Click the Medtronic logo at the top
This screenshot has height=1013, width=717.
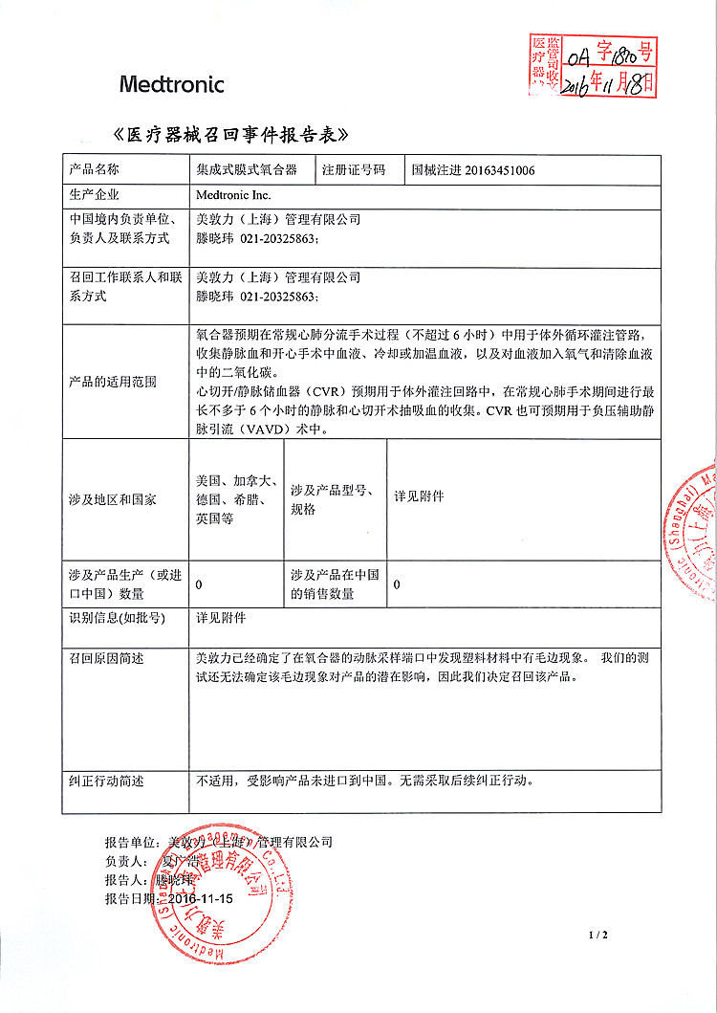click(172, 84)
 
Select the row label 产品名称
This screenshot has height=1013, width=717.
click(94, 169)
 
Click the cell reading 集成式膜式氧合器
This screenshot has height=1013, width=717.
click(246, 169)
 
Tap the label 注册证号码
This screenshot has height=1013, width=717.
click(353, 169)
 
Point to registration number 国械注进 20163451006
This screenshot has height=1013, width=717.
click(472, 170)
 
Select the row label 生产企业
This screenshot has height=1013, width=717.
click(94, 194)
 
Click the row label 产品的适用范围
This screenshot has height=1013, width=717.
click(113, 382)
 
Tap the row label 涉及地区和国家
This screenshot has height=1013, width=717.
click(113, 499)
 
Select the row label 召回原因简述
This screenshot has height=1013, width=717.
click(106, 658)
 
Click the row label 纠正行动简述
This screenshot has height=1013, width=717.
click(106, 781)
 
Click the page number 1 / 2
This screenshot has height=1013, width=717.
click(598, 934)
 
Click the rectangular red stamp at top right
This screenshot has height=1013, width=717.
click(593, 65)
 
